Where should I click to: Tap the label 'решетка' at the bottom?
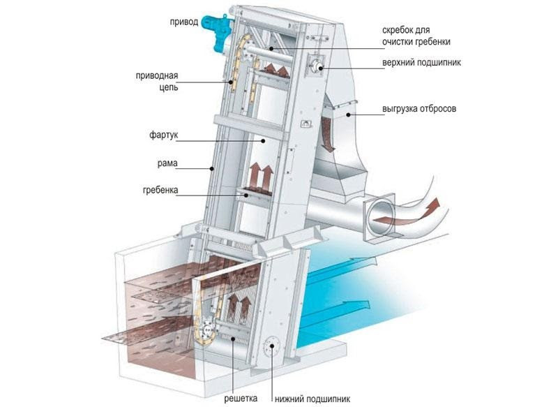pyautogui.click(x=240, y=398)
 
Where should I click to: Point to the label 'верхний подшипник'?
pyautogui.click(x=421, y=63)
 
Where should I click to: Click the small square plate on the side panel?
pyautogui.click(x=304, y=124)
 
